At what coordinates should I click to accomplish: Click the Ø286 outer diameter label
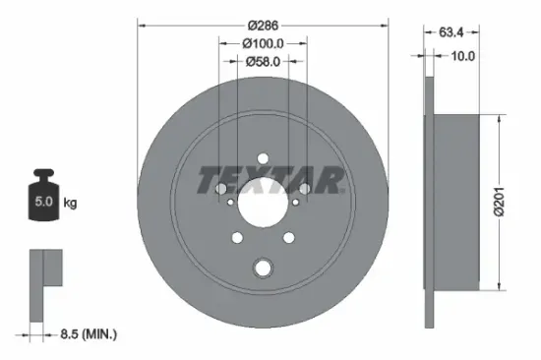pos(263,24)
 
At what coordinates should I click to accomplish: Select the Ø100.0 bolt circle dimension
pos(263,43)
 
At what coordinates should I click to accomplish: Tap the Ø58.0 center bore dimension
pos(263,62)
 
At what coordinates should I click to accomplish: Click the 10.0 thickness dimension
pos(463,57)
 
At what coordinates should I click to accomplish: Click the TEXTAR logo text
pos(270,181)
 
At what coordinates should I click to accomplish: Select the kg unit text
pos(70,204)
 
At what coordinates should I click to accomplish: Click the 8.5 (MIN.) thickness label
pos(83,335)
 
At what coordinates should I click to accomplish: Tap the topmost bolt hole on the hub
pos(262,158)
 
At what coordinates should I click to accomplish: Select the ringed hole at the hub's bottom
pos(262,267)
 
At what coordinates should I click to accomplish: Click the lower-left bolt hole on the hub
pos(237,236)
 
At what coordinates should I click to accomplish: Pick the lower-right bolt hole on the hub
pos(287,236)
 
